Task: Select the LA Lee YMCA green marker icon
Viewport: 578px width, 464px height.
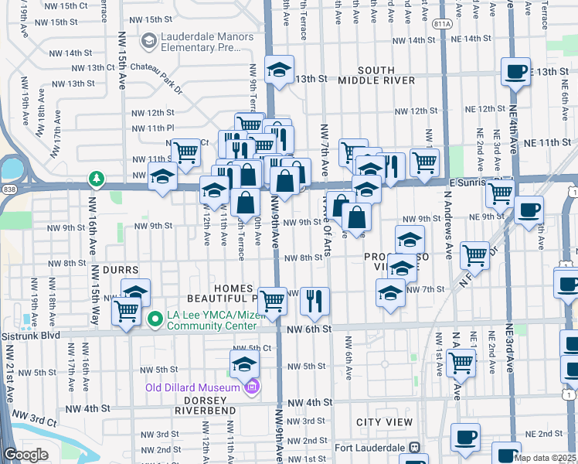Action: (155, 318)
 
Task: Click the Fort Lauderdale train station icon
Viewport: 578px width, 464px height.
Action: (415, 448)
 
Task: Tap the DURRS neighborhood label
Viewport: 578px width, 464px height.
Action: (120, 271)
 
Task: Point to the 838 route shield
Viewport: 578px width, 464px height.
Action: (8, 188)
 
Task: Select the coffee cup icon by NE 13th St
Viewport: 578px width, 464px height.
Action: (515, 73)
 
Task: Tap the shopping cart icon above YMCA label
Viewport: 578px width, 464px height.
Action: (126, 312)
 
